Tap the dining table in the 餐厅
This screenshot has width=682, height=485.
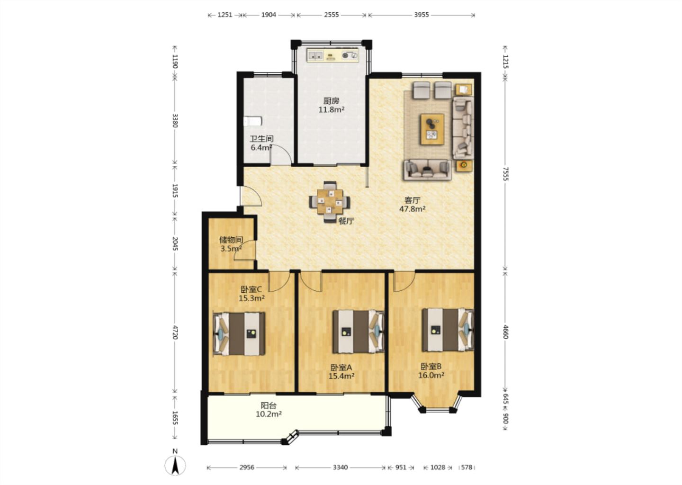coord(330,202)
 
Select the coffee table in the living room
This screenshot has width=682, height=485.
coord(432,129)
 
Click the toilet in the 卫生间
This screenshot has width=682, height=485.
coord(253,121)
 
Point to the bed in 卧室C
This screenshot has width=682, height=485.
coord(239,334)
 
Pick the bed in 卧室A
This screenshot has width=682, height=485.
coord(359,332)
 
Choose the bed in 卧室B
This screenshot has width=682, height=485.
coord(448,330)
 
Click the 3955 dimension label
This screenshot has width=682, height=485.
coord(422,15)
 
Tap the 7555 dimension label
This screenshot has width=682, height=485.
coord(505,174)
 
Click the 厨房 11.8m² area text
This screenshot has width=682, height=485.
coord(331,105)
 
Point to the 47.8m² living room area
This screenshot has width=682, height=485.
coord(412,209)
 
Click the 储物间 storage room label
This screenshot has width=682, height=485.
coord(231,240)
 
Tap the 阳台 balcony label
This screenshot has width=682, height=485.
coord(269,405)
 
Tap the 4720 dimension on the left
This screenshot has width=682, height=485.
coord(175,332)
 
